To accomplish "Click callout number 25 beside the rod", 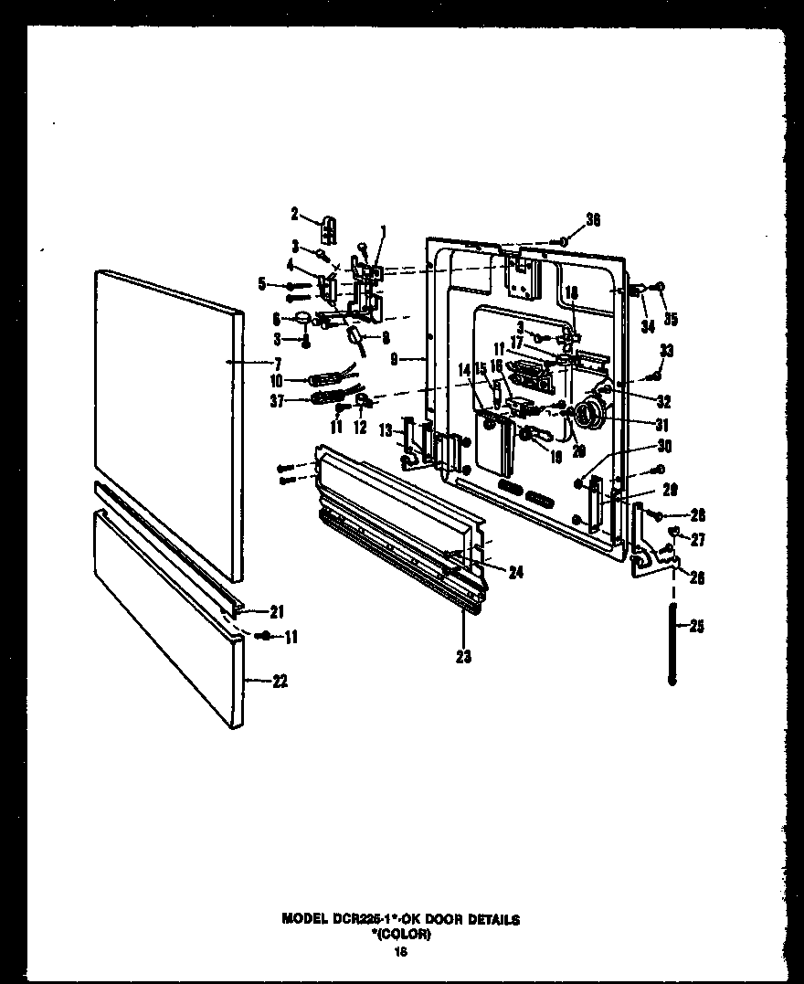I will (698, 627).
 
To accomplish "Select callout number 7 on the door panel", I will (277, 363).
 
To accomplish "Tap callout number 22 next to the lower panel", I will (279, 681).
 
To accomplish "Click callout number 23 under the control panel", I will (464, 656).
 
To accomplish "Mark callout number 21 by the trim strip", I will (278, 612).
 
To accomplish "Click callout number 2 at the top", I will (295, 214).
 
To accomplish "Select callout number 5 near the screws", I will (262, 284).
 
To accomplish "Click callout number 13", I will (386, 429).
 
